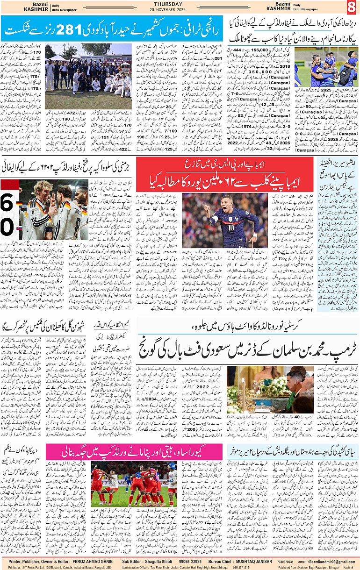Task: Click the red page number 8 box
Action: tap(351, 7)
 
